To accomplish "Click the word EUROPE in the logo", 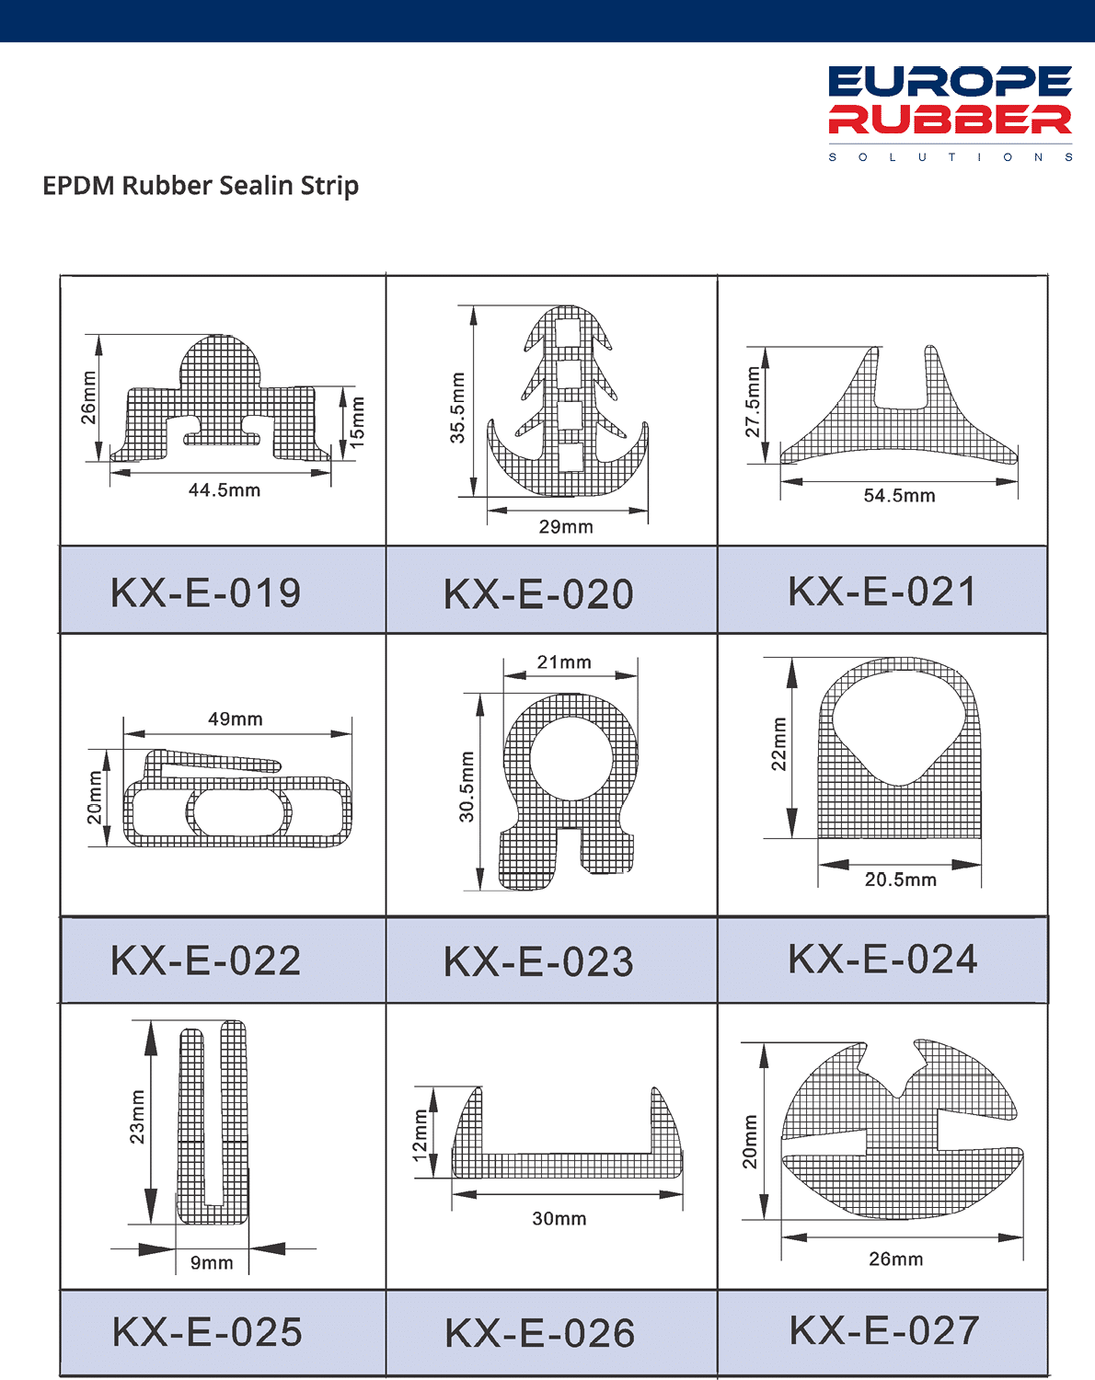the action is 950,82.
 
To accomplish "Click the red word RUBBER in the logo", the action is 950,120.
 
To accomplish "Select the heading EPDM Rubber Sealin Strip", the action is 201,186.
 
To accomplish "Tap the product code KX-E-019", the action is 205,592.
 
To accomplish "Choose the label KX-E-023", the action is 539,962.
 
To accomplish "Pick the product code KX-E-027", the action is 884,1330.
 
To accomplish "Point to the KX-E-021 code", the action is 882,591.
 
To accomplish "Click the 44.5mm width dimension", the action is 225,490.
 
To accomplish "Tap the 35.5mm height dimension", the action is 457,408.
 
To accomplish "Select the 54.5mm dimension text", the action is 899,496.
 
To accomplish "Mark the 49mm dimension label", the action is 236,719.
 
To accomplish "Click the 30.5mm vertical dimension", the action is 467,787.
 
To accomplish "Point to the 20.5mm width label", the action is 901,880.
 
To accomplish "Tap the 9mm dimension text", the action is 212,1262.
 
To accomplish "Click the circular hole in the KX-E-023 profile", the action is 570,759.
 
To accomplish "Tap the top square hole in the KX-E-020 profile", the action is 569,333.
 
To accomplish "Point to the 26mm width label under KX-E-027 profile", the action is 896,1259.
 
